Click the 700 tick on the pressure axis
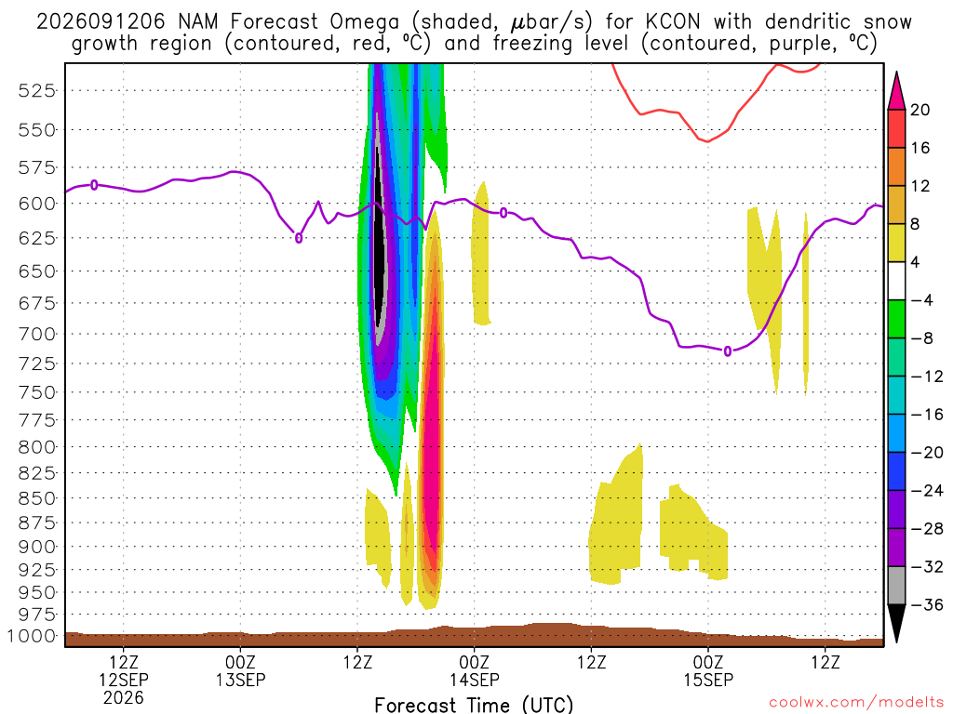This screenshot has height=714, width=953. click(37, 334)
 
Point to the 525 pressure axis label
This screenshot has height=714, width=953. click(37, 91)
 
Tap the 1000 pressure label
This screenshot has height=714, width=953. click(33, 636)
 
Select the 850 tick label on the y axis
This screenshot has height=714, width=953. click(37, 498)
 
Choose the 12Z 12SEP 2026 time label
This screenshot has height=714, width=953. click(124, 680)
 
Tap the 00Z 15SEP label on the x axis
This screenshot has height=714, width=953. click(708, 671)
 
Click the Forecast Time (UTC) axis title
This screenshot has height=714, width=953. click(474, 705)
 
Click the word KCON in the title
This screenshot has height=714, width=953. click(673, 22)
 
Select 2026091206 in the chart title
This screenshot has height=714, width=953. click(101, 22)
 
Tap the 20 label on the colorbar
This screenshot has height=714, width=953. click(919, 110)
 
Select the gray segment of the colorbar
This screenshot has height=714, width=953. click(896, 586)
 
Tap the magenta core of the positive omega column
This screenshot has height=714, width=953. click(432, 461)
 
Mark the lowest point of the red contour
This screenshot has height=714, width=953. click(707, 141)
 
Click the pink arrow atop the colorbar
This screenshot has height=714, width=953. click(896, 91)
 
